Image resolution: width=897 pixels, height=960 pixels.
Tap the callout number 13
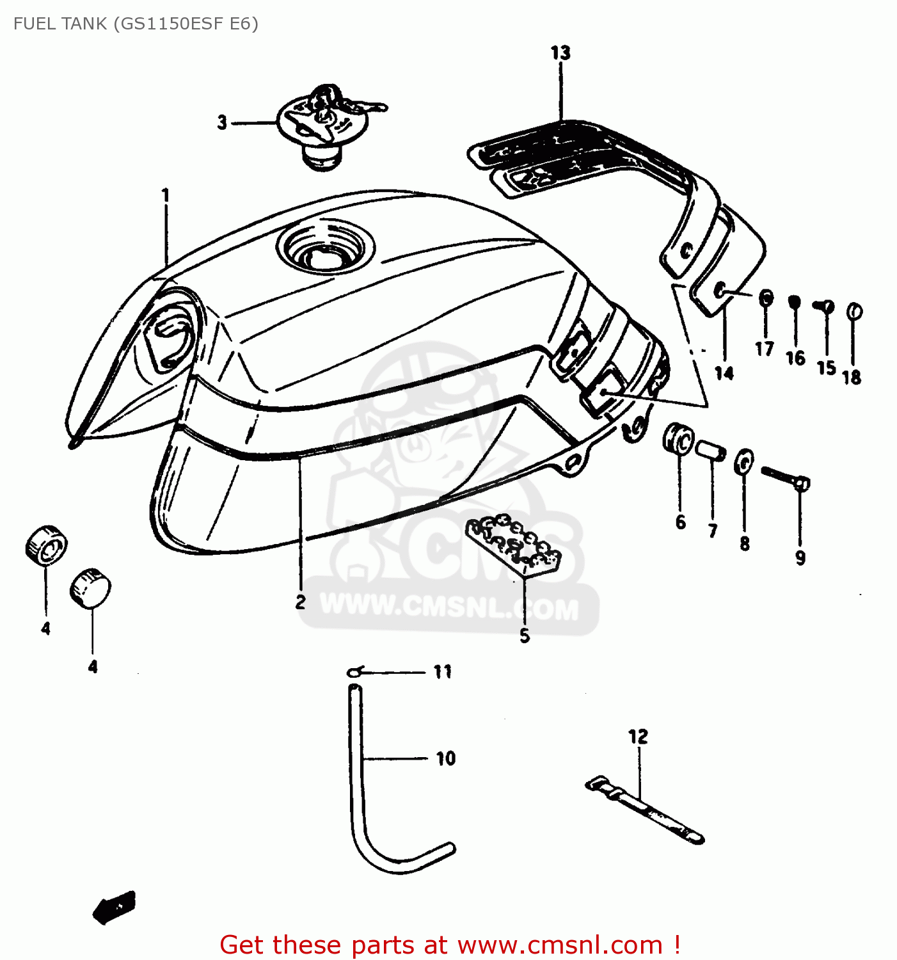[560, 53]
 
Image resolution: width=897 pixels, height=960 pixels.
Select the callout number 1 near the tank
[165, 195]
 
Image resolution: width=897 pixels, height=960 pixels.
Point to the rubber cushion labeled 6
[678, 438]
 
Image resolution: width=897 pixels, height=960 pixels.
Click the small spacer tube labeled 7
[711, 450]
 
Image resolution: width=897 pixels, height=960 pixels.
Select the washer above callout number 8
[743, 462]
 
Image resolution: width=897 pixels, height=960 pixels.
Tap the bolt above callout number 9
[785, 477]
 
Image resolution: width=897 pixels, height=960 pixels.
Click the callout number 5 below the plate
[525, 636]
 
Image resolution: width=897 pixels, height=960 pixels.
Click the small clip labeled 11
[354, 671]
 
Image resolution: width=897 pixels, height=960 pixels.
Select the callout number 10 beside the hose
[446, 758]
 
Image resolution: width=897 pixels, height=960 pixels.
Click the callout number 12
[638, 737]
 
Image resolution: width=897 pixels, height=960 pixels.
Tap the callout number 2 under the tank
[300, 602]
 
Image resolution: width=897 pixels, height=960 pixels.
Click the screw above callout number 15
[824, 307]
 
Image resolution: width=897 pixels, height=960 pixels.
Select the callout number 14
[724, 373]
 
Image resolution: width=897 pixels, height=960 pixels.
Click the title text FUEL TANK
[61, 24]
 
